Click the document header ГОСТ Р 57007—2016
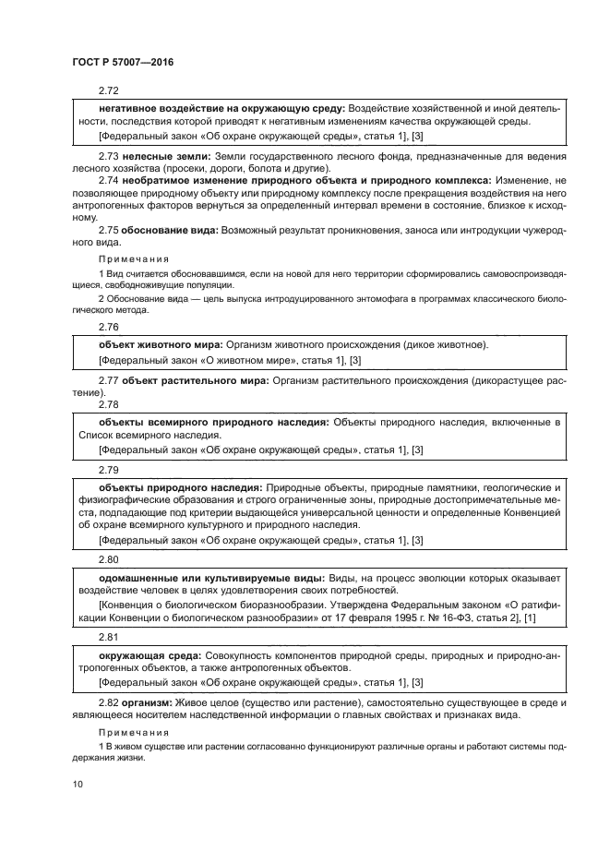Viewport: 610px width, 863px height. point(122,62)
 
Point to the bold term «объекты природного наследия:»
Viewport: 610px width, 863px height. point(181,486)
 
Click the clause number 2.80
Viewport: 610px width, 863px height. point(109,559)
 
